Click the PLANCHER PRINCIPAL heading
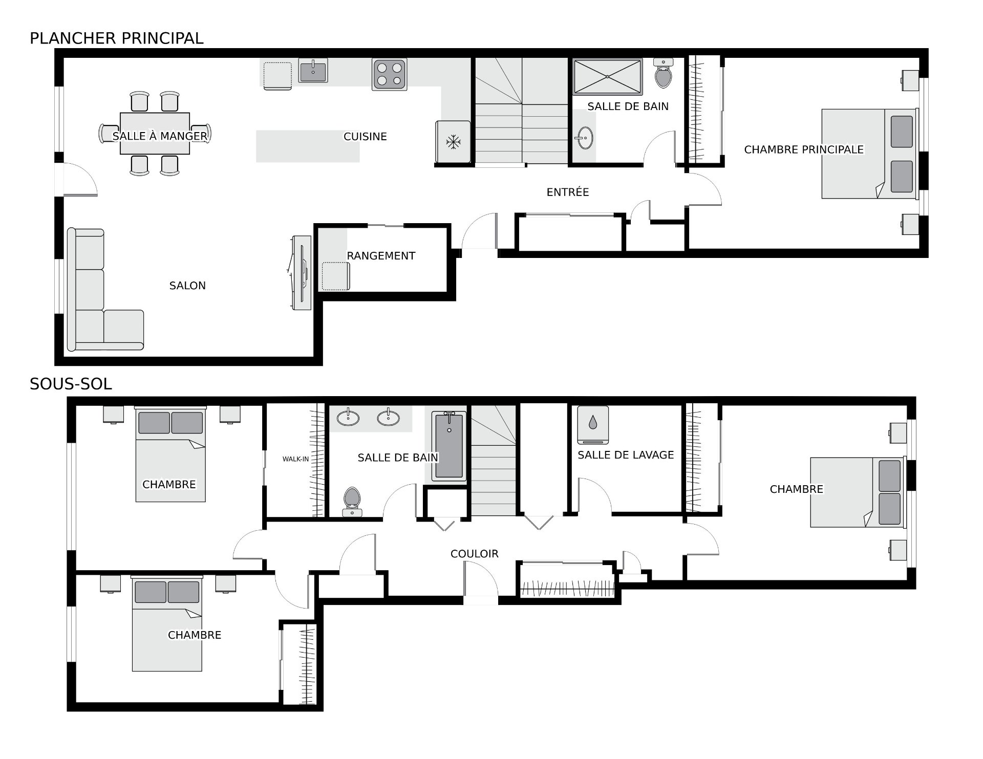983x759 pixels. click(x=117, y=38)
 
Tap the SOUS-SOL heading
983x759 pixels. click(x=71, y=384)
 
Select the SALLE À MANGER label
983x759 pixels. click(x=160, y=136)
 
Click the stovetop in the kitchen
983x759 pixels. click(x=390, y=75)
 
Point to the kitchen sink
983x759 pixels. click(x=313, y=70)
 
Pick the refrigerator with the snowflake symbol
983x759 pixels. click(x=453, y=142)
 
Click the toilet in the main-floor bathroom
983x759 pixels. click(x=664, y=73)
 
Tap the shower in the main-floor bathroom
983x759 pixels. click(x=608, y=77)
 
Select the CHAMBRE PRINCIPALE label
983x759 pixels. click(x=804, y=149)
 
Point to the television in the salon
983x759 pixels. click(x=302, y=273)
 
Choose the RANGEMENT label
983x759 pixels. click(x=381, y=256)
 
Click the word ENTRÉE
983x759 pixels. click(x=568, y=192)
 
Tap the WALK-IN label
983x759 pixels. click(x=296, y=459)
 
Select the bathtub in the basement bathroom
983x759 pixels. click(x=449, y=446)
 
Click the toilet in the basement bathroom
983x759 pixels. click(x=352, y=502)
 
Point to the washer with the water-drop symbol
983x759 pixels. click(x=593, y=425)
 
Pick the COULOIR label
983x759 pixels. click(x=475, y=554)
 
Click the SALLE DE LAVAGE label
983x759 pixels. click(x=626, y=455)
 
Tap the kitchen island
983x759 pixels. click(x=308, y=146)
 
